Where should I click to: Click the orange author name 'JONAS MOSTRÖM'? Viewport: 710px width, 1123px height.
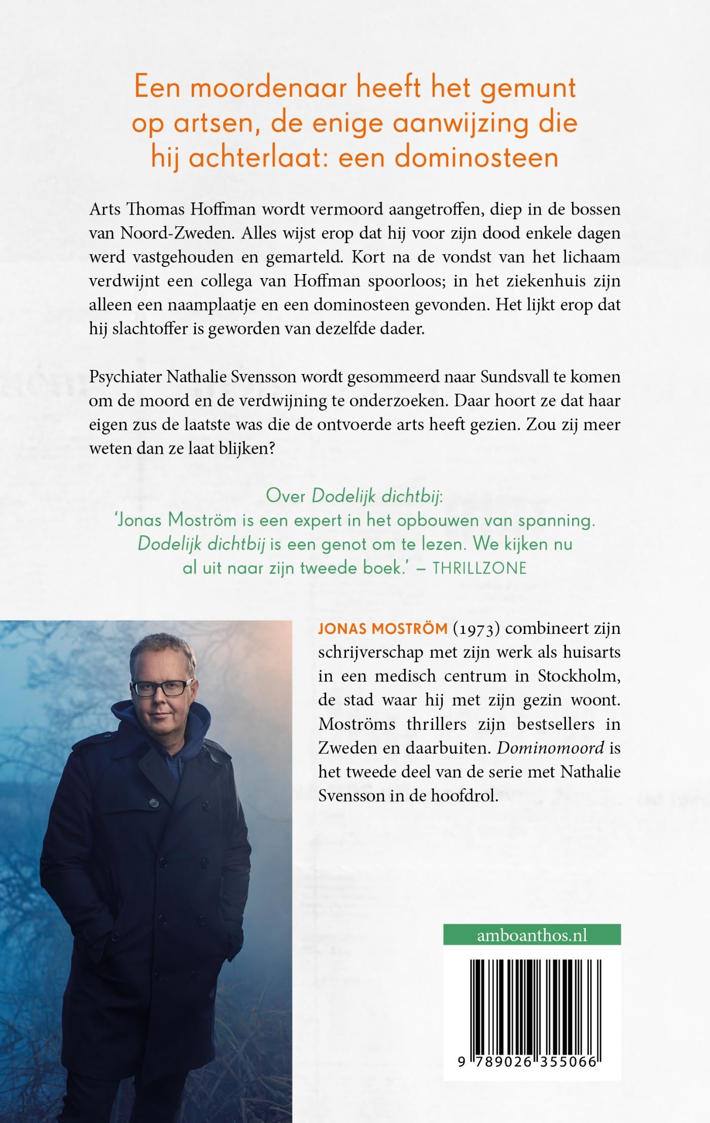pos(382,629)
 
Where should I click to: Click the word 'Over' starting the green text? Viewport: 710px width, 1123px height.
pos(286,497)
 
